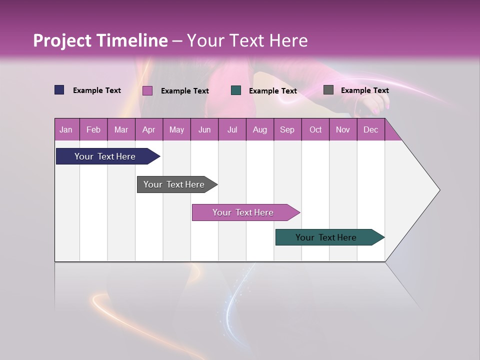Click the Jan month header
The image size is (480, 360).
point(66,129)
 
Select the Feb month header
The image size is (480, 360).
point(93,129)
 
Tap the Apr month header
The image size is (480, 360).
point(148,129)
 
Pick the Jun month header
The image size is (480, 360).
point(204,129)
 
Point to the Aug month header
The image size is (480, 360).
point(259,129)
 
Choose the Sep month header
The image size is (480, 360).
point(287,129)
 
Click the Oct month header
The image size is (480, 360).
point(315,129)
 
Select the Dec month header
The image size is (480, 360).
point(370,129)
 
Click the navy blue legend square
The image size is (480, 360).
point(59,90)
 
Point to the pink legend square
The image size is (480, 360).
point(147,90)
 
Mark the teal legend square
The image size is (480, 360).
point(236,90)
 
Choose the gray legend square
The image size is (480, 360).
point(328,90)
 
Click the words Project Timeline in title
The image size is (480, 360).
point(100,40)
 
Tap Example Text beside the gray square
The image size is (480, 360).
point(364,90)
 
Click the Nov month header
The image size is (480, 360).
point(343,129)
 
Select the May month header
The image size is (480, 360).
point(176,129)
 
